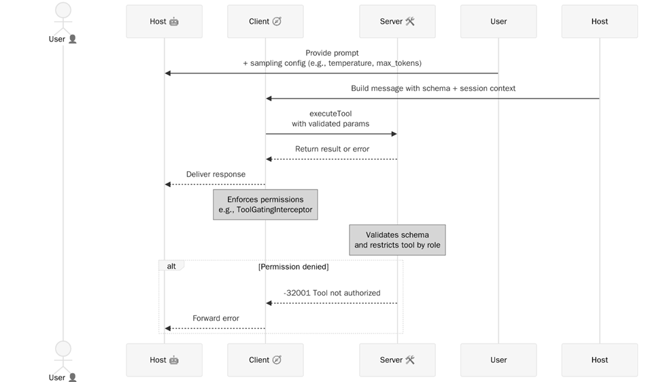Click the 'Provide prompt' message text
pyautogui.click(x=332, y=53)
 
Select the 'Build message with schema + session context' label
pyautogui.click(x=433, y=88)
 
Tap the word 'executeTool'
pyautogui.click(x=330, y=114)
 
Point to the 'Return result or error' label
pyautogui.click(x=332, y=149)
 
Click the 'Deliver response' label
pyautogui.click(x=216, y=174)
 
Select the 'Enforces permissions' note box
pyautogui.click(x=265, y=205)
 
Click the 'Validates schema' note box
pyautogui.click(x=397, y=240)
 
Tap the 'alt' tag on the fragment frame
pyautogui.click(x=171, y=266)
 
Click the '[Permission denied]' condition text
pyautogui.click(x=293, y=267)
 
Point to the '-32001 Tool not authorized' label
pyautogui.click(x=332, y=293)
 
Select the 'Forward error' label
pyautogui.click(x=216, y=318)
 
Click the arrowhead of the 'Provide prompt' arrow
pyautogui.click(x=168, y=73)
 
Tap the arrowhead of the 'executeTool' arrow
pyautogui.click(x=394, y=134)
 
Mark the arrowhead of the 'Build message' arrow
pyautogui.click(x=269, y=99)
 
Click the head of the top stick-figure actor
pyautogui.click(x=63, y=10)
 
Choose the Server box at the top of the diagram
pyautogui.click(x=397, y=21)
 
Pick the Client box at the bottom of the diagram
pyautogui.click(x=265, y=360)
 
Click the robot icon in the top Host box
pyautogui.click(x=174, y=21)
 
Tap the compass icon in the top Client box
pyautogui.click(x=277, y=21)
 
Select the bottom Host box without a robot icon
pyautogui.click(x=599, y=360)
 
